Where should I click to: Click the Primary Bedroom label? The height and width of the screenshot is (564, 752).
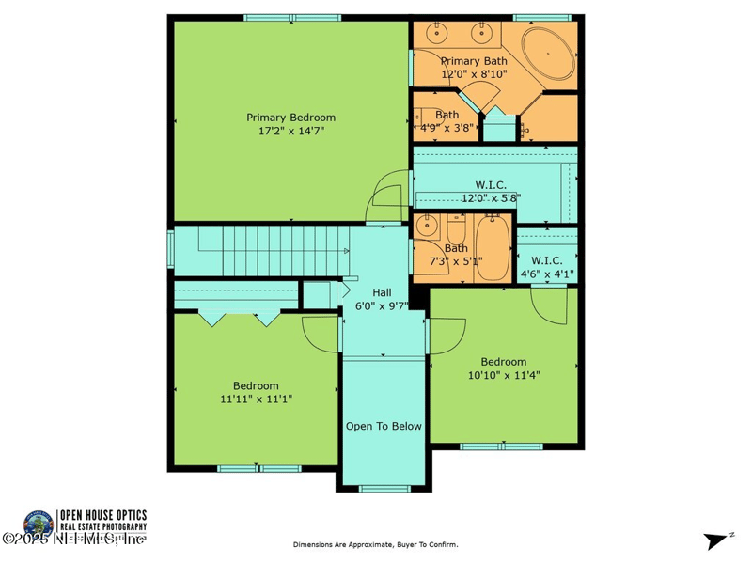coord(290,117)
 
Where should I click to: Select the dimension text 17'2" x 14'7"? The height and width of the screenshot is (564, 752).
coord(290,132)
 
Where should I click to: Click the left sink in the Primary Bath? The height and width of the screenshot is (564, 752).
coord(437,34)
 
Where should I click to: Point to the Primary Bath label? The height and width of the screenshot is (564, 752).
coord(474,61)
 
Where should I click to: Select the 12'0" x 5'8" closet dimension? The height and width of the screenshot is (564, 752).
coord(491,198)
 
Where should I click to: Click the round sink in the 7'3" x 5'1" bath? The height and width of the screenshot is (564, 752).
coord(429,227)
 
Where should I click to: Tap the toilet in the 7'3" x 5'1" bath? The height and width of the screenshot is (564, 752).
coord(456,228)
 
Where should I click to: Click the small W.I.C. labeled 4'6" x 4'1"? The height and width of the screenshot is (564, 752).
coord(547,267)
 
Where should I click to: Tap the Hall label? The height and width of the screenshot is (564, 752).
coord(382,292)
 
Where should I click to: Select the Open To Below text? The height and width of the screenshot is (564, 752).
coord(384,426)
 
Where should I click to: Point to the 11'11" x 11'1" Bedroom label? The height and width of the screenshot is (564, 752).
coord(256,385)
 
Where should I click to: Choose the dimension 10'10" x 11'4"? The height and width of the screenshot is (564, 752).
coord(504,374)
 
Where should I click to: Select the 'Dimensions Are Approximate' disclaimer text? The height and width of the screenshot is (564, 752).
coord(375,544)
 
